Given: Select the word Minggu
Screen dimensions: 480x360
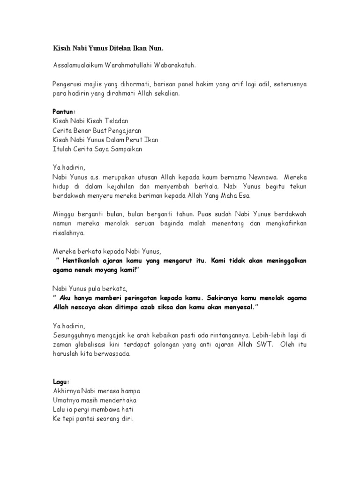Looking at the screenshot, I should click(64, 214).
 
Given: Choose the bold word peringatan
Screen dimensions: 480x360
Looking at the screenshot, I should click(154, 298).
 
